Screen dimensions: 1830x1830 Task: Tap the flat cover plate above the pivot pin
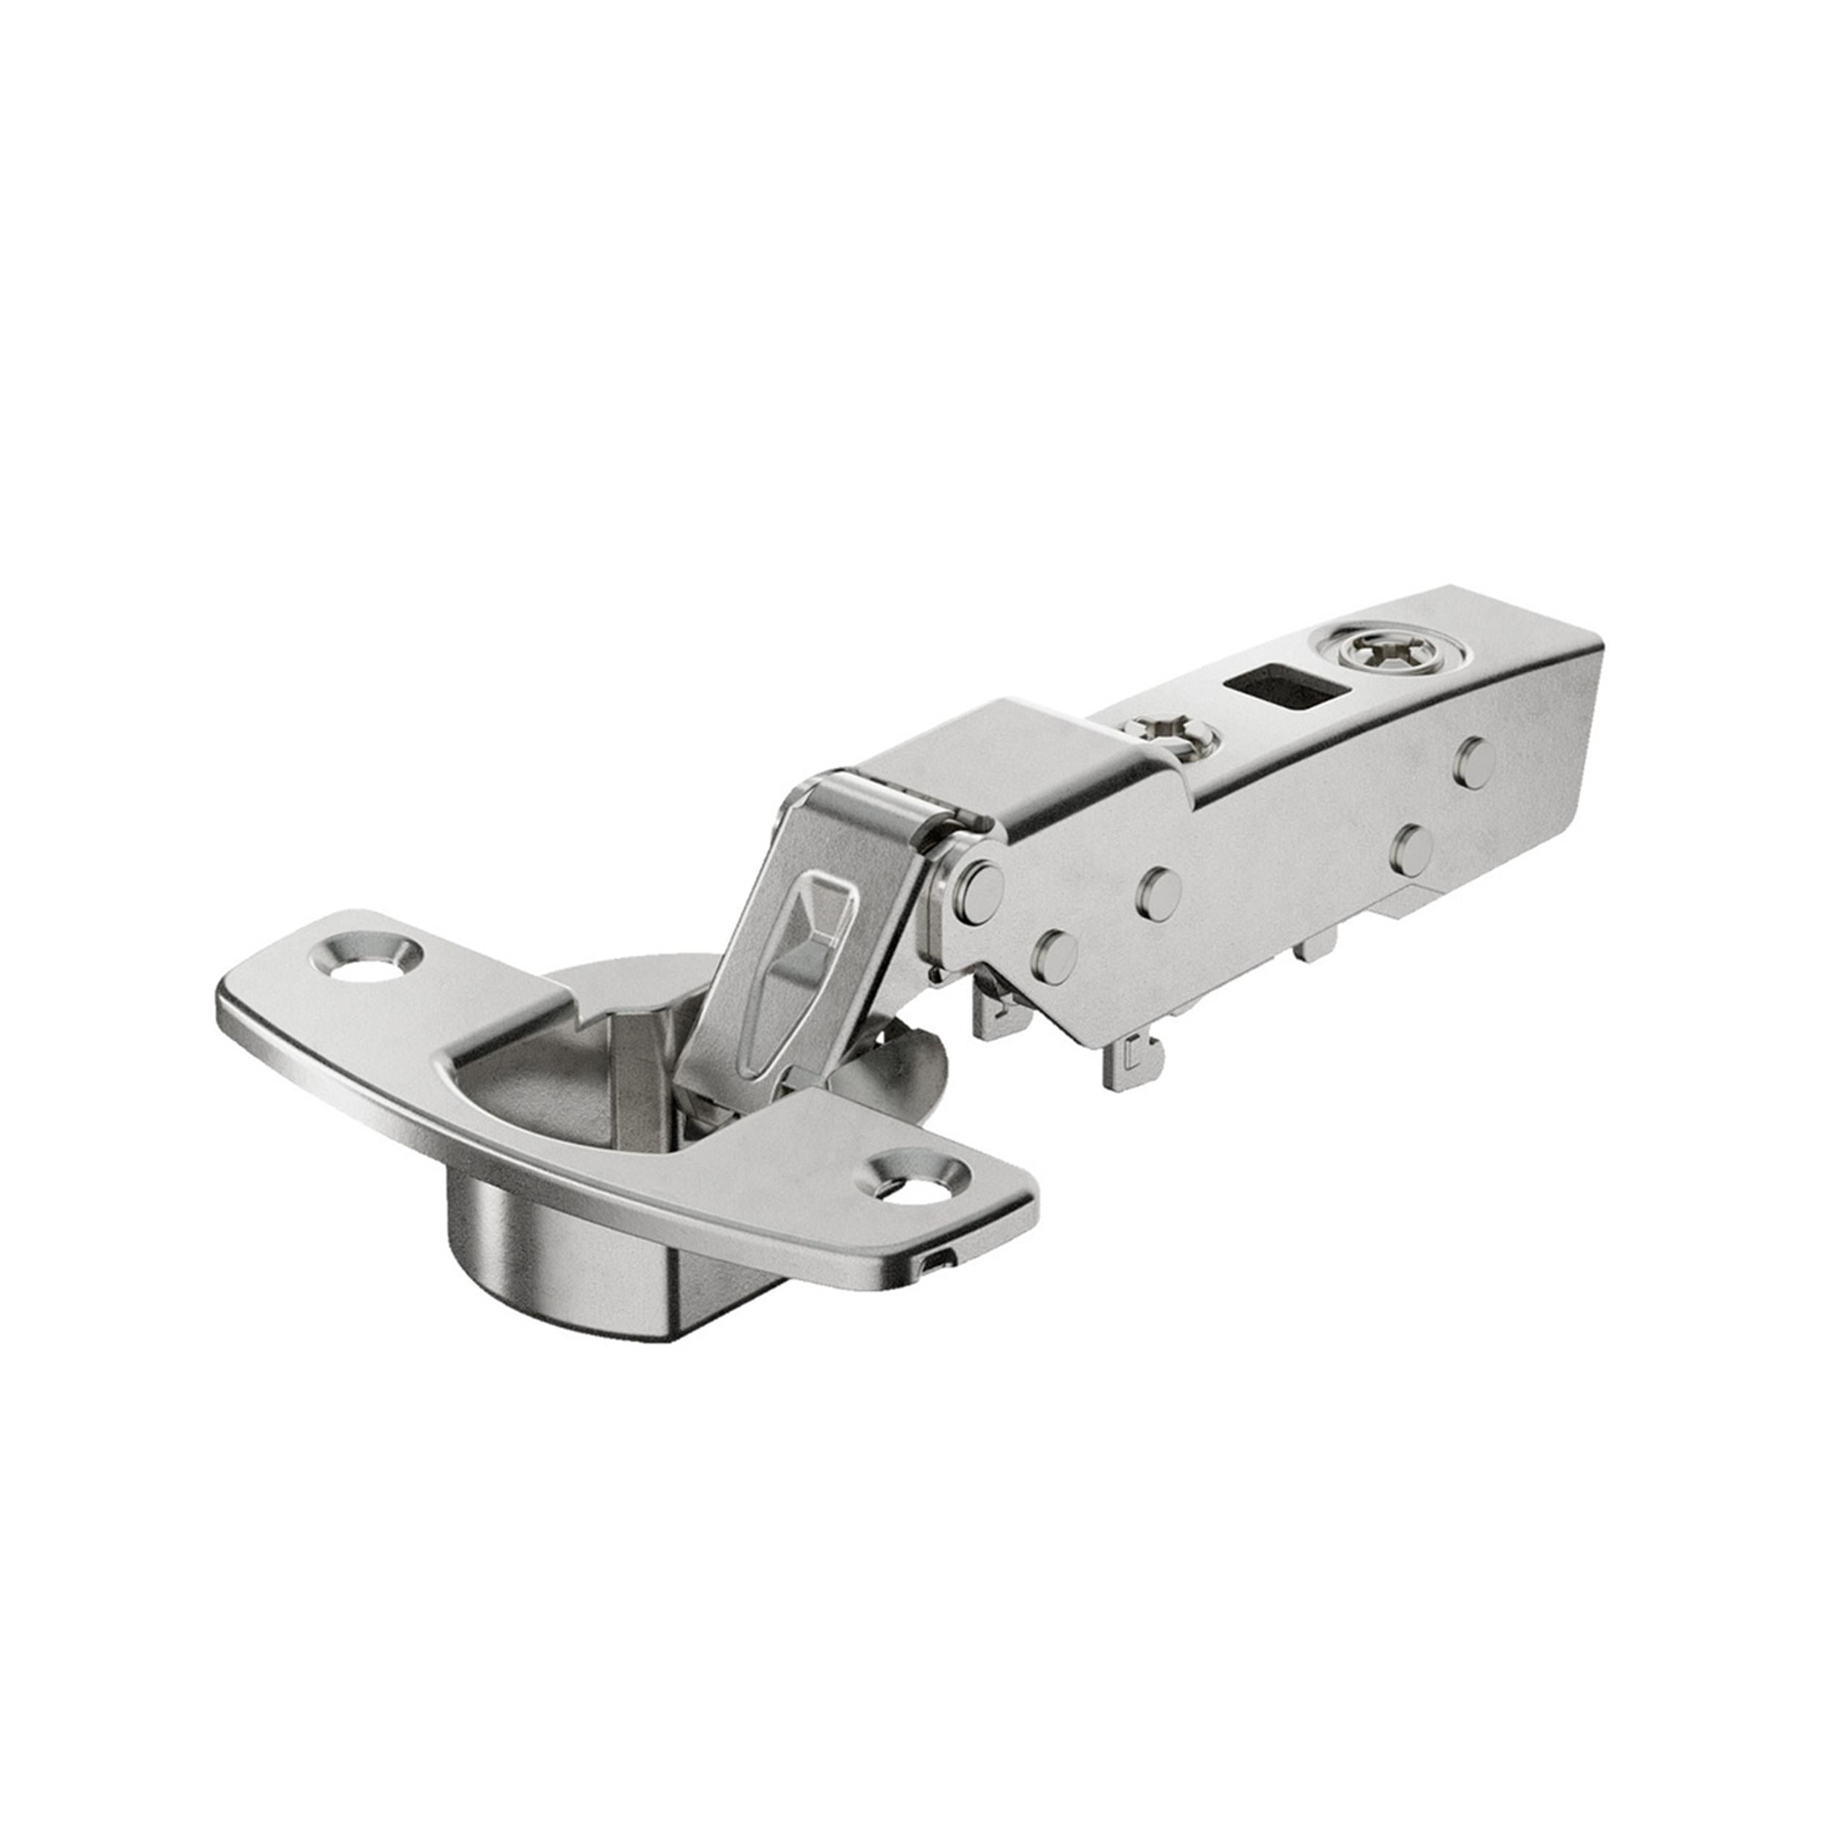(x=985, y=748)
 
